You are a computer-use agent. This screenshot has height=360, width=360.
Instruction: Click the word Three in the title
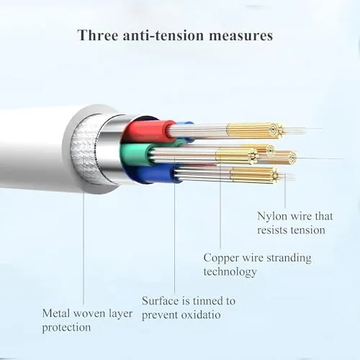(x=98, y=35)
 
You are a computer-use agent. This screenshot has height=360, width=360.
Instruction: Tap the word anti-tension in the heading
(x=163, y=35)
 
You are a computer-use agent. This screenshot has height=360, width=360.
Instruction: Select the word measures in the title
(x=240, y=36)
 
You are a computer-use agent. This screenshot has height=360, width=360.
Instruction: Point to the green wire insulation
(x=137, y=154)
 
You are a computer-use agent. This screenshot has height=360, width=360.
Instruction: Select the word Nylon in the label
(x=272, y=217)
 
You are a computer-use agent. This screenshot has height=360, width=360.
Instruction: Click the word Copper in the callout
(x=221, y=258)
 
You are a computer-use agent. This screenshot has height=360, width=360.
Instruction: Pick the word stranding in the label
(x=289, y=258)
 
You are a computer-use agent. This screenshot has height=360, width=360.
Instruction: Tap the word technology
(x=230, y=272)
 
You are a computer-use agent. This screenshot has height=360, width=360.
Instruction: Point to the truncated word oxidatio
(x=201, y=315)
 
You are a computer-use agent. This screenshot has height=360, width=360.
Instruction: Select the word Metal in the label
(x=56, y=313)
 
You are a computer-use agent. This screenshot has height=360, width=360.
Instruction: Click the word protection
(x=66, y=328)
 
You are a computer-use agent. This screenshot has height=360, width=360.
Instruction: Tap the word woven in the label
(x=89, y=314)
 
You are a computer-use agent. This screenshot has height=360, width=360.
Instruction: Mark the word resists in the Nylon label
(x=272, y=230)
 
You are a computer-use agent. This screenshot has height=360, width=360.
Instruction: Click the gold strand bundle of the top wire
(x=254, y=130)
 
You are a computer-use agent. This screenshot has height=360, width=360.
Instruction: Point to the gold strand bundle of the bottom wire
(x=254, y=175)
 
